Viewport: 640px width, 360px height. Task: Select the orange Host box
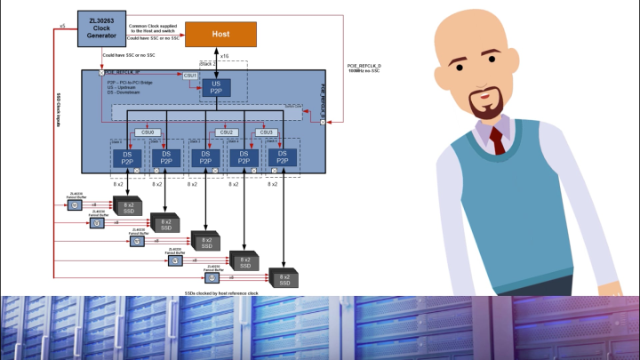[220, 35]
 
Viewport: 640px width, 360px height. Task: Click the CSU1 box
[190, 76]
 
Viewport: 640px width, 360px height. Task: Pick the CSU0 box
[148, 132]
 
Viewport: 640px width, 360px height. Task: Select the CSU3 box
[266, 132]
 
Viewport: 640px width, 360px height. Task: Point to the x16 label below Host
[224, 56]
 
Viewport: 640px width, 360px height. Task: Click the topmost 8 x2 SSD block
[124, 205]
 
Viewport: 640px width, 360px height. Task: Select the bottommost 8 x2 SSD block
[284, 278]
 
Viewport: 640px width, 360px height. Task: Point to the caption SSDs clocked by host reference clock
[220, 292]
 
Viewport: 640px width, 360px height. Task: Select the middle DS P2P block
[204, 156]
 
